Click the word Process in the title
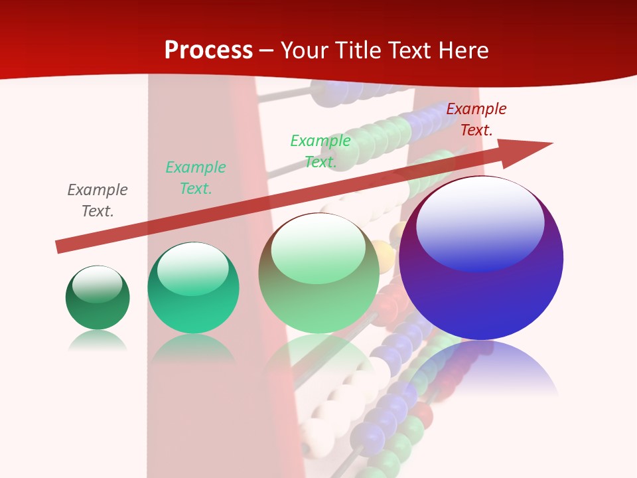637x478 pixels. coord(208,50)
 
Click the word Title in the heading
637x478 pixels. coord(360,50)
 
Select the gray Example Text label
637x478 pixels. coord(98,200)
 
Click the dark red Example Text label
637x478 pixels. coord(476,119)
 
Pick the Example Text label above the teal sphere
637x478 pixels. coord(196,178)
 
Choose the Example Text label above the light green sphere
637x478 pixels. coord(320,151)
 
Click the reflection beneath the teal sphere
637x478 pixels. coord(193,349)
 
